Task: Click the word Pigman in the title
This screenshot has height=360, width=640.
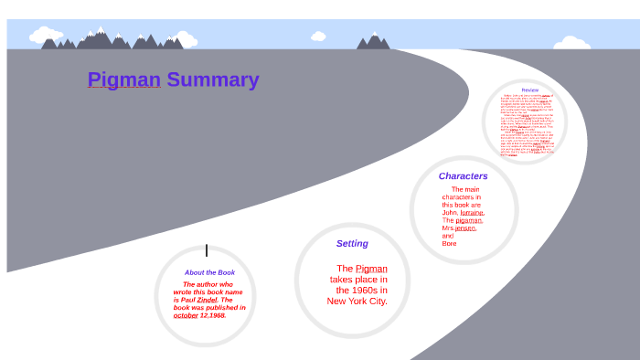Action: (x=123, y=79)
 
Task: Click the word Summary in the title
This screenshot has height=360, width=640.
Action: (x=212, y=79)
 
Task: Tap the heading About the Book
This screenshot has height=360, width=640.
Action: (x=209, y=272)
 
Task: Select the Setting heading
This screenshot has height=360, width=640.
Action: (x=352, y=243)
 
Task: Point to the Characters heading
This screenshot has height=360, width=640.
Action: (x=463, y=175)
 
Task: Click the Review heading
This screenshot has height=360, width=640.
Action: (x=530, y=90)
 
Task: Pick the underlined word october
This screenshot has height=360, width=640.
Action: (x=186, y=315)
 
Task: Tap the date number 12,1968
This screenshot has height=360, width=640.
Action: (x=213, y=315)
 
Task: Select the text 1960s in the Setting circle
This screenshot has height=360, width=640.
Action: (x=354, y=290)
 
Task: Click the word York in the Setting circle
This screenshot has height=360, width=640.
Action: (x=358, y=301)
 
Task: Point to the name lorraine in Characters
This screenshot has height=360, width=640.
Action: (x=472, y=212)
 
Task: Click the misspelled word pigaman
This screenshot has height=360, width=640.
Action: (x=469, y=220)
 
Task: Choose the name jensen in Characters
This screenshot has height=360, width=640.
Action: (x=465, y=228)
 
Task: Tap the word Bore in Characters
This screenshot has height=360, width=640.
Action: (x=449, y=244)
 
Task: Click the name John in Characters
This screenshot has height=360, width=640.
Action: (x=449, y=212)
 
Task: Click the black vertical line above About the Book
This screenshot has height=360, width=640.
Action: (x=207, y=250)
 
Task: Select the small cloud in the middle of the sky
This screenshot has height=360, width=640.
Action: (x=318, y=37)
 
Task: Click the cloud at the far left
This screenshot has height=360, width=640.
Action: (x=46, y=36)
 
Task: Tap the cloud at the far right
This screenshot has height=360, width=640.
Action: (x=572, y=42)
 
